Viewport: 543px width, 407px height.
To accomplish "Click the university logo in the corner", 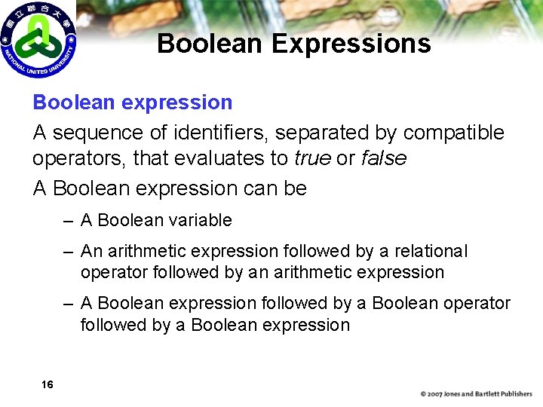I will [38, 38].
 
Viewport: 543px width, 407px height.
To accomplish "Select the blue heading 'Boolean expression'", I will [133, 102].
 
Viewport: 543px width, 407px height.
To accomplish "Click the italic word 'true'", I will [312, 158].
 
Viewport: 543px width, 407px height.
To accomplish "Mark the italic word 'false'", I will [384, 158].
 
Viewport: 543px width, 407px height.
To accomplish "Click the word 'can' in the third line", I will [260, 188].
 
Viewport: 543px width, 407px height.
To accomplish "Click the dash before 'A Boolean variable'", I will [69, 220].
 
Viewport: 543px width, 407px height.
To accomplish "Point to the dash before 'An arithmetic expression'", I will [69, 251].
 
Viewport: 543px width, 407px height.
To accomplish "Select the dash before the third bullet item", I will [69, 303].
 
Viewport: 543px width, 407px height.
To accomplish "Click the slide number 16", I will [48, 385].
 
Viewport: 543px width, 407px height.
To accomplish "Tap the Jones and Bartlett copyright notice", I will [477, 393].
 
